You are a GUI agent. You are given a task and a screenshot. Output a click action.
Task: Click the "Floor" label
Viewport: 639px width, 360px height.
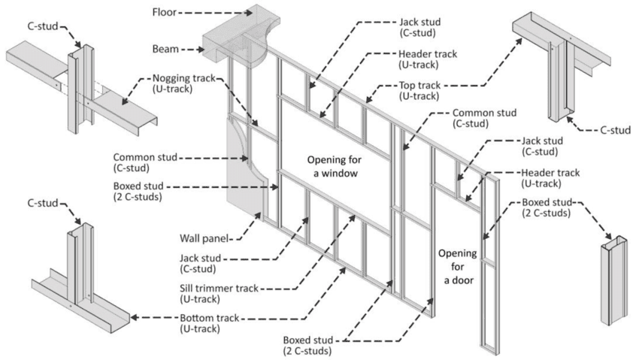click(x=165, y=13)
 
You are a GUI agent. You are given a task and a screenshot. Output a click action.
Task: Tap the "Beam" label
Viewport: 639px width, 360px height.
click(x=165, y=49)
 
